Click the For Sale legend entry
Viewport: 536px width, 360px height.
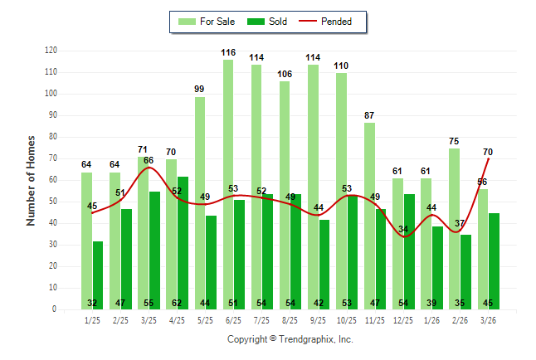tap(207, 22)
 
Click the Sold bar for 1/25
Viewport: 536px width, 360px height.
tap(98, 275)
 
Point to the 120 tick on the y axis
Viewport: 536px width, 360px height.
tap(51, 51)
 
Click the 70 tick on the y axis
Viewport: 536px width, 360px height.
tap(53, 158)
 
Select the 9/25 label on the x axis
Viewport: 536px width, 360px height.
tap(318, 319)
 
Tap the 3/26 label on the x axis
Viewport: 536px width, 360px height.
tap(488, 319)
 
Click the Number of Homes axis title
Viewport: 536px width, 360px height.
tap(32, 180)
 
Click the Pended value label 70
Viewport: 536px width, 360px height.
tap(488, 152)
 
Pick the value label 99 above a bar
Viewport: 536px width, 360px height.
tap(200, 89)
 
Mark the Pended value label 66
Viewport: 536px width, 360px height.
tap(149, 160)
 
